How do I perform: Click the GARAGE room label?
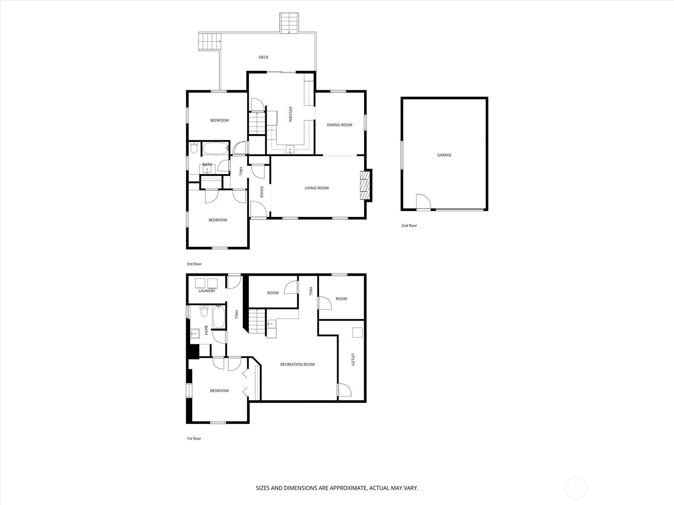[x=444, y=155]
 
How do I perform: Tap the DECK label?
[x=263, y=57]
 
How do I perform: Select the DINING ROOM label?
[x=339, y=125]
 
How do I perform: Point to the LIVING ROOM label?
[x=317, y=188]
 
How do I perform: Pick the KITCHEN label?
[x=290, y=114]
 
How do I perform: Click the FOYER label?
[x=262, y=192]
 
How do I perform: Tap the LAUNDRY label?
[x=207, y=291]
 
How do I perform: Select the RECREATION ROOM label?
[x=297, y=364]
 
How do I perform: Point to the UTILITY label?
[x=353, y=360]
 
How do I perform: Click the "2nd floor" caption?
[x=409, y=226]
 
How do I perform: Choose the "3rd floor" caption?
[x=194, y=264]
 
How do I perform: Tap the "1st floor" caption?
[x=194, y=439]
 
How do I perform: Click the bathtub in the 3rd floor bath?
[x=216, y=149]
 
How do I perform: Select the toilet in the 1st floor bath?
[x=204, y=311]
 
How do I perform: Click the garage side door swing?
[x=423, y=202]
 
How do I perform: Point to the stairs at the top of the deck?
[x=289, y=23]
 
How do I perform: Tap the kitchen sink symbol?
[x=290, y=150]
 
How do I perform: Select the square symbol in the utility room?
[x=357, y=333]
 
